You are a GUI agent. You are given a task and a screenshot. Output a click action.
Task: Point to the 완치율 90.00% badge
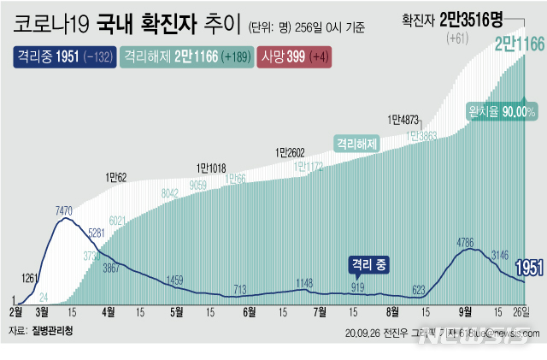502,112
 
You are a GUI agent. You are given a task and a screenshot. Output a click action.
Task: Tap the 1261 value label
29,254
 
